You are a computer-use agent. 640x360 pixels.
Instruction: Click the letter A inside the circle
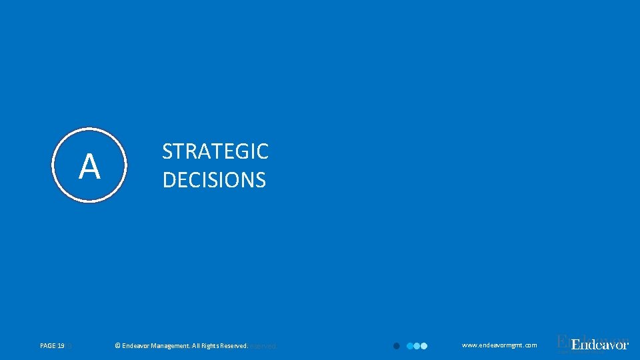89,166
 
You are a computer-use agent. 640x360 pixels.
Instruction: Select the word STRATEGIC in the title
215,152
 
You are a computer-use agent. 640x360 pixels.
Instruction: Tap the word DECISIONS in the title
214,180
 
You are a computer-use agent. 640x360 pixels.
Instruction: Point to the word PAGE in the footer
48,346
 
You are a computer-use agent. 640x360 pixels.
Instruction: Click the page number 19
61,346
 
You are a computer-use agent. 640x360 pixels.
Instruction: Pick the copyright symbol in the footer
117,346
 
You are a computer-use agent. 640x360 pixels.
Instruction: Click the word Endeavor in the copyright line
135,346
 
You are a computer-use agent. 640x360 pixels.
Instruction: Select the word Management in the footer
170,346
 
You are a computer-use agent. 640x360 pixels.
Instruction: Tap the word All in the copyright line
197,346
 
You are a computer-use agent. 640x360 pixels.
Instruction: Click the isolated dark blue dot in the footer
396,346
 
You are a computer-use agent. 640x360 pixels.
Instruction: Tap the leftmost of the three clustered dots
410,346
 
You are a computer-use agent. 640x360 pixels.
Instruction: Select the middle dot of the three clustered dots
417,346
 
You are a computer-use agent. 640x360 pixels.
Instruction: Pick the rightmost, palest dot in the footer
423,346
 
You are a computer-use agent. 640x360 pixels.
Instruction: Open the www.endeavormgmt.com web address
499,345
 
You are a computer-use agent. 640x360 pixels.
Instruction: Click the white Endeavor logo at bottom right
600,345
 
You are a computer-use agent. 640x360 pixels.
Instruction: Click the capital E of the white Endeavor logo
576,345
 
